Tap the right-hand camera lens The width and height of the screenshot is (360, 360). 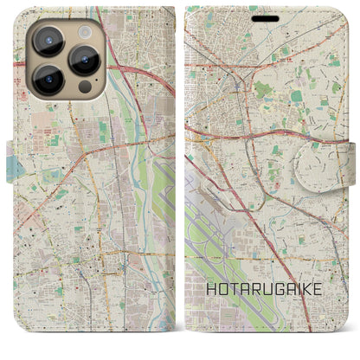click(84, 59)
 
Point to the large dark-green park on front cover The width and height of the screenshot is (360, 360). click(264, 88)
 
